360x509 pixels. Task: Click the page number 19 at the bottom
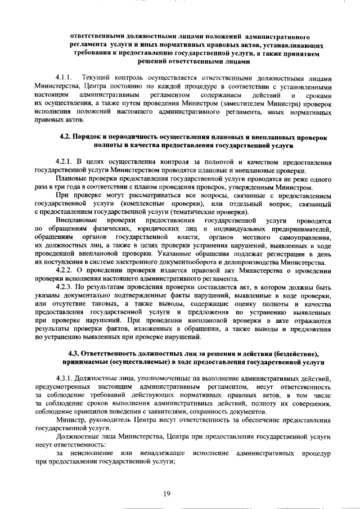click(167, 494)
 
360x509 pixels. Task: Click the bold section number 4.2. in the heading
click(66, 137)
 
